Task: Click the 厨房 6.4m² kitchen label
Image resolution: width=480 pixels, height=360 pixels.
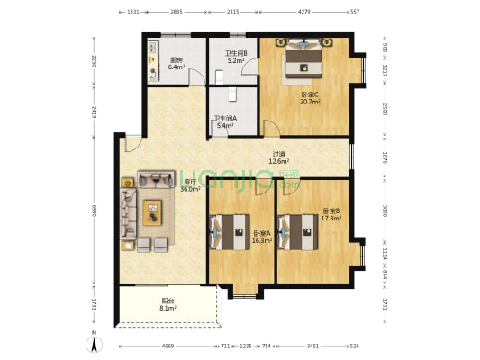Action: point(177,64)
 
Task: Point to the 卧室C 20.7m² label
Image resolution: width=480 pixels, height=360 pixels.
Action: point(311,98)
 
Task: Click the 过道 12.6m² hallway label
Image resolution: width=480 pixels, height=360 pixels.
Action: point(279,157)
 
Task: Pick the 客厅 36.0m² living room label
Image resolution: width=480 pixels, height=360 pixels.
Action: point(189,186)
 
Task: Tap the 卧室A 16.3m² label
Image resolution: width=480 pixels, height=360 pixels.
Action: point(262,237)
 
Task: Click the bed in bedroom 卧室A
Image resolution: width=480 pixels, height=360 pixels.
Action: point(229,233)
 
